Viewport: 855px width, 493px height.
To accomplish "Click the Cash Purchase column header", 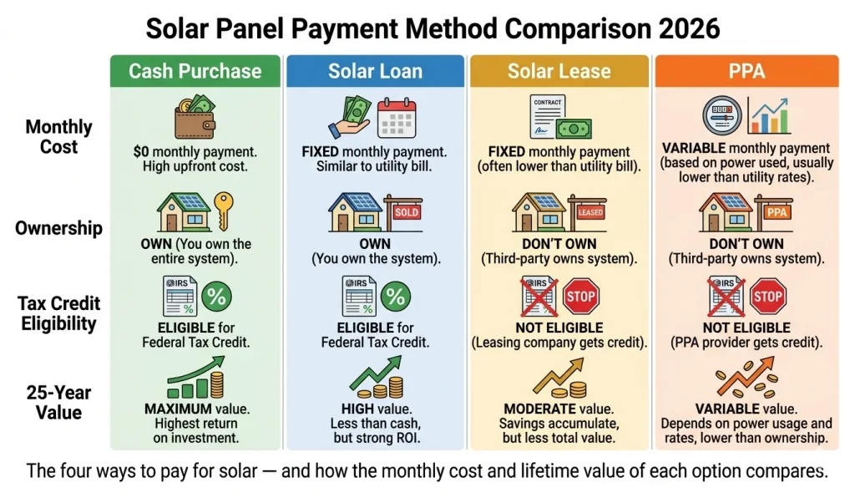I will [195, 71].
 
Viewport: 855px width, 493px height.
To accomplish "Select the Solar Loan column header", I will [375, 71].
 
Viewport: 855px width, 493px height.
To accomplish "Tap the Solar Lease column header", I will [559, 71].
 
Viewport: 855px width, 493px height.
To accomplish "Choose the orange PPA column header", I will [746, 71].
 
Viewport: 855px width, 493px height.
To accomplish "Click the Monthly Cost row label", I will [58, 137].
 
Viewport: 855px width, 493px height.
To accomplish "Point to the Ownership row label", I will [58, 228].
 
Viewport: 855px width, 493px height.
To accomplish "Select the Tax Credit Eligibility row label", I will [58, 313].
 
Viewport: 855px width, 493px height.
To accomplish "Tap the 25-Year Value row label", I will [58, 402].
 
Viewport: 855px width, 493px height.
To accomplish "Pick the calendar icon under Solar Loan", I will [396, 119].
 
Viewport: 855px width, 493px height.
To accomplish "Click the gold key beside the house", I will [223, 208].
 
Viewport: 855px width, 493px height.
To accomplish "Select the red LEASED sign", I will [589, 212].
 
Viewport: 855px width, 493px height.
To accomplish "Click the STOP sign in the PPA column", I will [766, 296].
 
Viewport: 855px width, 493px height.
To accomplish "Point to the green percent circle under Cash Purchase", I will [217, 296].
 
